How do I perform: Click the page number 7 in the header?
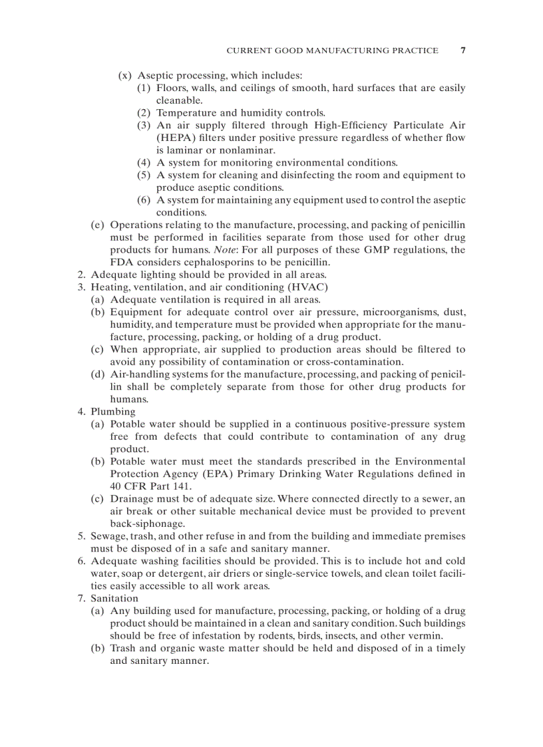click(x=462, y=51)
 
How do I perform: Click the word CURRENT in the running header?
click(x=248, y=51)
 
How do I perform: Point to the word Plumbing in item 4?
click(x=113, y=412)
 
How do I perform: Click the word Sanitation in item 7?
click(x=114, y=599)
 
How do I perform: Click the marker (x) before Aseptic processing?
click(x=124, y=76)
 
